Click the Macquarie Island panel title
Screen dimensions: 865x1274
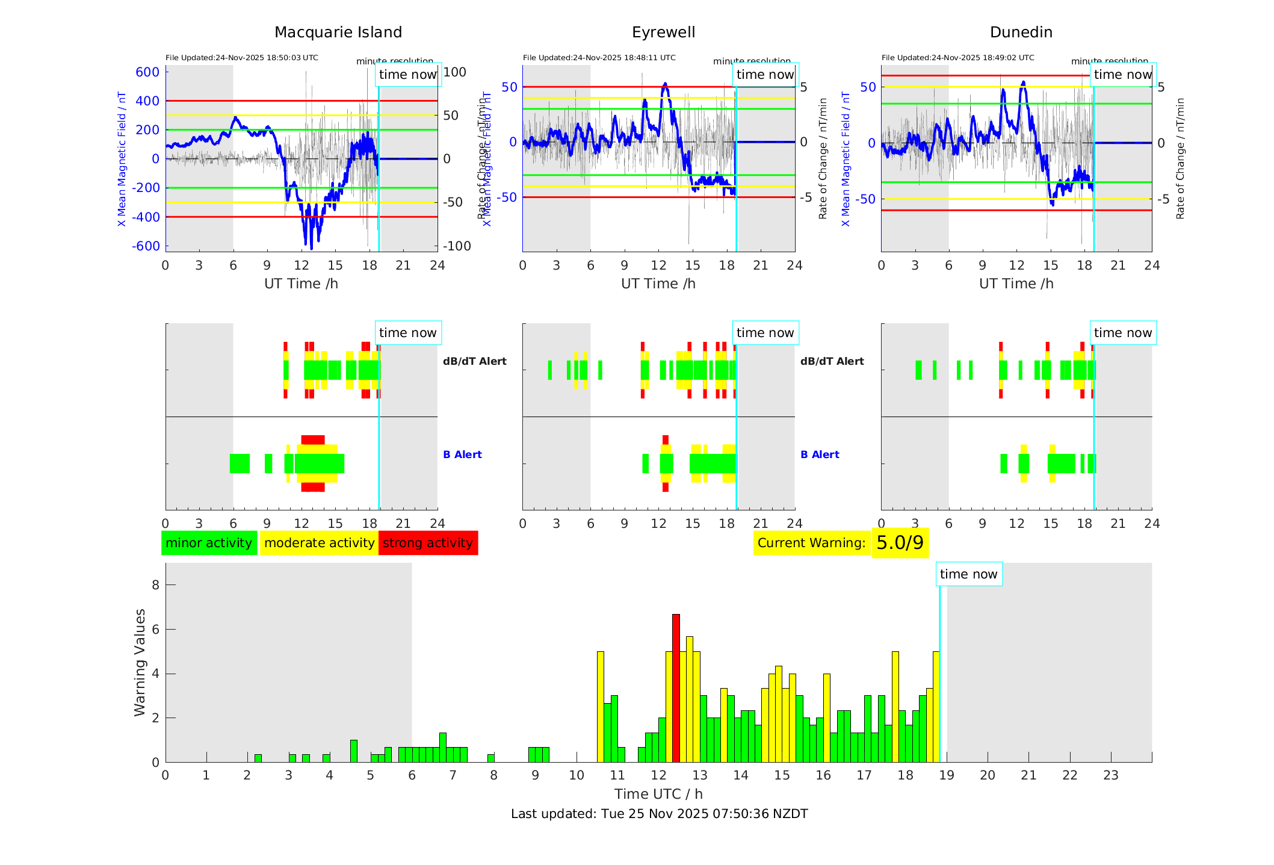[x=338, y=33]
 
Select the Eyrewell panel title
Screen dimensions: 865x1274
[x=663, y=33]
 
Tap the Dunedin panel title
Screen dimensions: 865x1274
[x=1021, y=33]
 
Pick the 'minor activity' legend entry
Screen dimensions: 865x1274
[x=209, y=543]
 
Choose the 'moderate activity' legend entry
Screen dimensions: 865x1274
[x=319, y=543]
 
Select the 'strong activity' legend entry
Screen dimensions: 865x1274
[x=428, y=543]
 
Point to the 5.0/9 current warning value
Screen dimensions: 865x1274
[x=900, y=543]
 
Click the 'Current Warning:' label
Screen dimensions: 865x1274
[x=811, y=543]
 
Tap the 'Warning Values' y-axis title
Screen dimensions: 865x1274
[x=140, y=662]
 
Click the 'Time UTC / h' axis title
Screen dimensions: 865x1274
[x=658, y=794]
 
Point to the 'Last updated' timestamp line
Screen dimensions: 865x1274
[x=659, y=814]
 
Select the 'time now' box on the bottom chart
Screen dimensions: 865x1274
[x=968, y=574]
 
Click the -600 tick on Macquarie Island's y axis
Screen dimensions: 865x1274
[x=146, y=246]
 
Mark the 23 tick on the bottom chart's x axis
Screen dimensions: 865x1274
[x=1110, y=775]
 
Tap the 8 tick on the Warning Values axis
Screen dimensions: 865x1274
[x=155, y=585]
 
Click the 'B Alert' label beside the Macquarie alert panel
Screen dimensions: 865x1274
[x=462, y=454]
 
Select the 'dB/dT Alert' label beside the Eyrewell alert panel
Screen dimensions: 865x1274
[x=832, y=361]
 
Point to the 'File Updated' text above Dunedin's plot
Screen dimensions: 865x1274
[x=957, y=58]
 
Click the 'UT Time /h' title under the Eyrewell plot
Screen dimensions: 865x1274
[x=658, y=284]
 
